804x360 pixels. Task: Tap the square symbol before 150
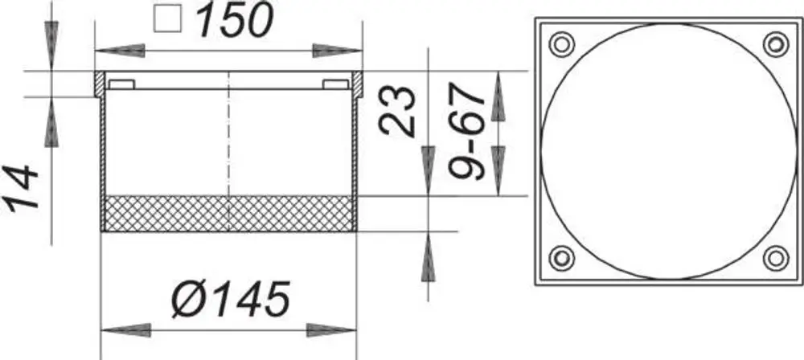tap(168, 18)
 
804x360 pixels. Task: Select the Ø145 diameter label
tap(231, 298)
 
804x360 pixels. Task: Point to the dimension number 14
tap(21, 186)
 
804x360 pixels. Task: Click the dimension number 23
tap(398, 112)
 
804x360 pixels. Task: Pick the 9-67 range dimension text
tap(466, 131)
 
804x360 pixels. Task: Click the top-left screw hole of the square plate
tap(562, 44)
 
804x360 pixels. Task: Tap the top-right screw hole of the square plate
tap(776, 44)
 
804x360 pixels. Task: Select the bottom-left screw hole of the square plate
tap(562, 258)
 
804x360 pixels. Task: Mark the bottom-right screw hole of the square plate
tap(776, 258)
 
